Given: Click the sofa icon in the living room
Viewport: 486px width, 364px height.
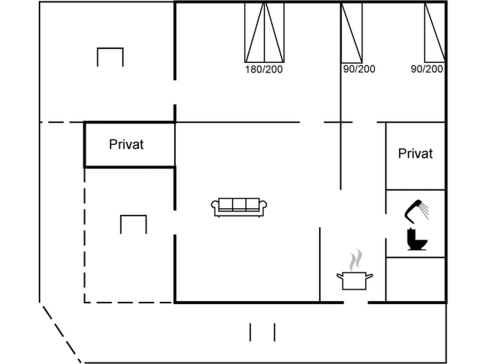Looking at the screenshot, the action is tap(239, 207).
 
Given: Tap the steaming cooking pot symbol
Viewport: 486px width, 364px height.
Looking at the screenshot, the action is tap(355, 269).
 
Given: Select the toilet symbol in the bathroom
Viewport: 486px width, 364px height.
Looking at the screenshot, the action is tap(417, 239).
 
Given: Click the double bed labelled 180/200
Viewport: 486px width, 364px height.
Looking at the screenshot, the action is tap(264, 32).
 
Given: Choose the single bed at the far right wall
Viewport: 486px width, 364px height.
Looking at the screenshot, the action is tap(435, 32).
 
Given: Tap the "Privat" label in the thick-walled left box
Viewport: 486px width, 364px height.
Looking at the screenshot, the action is tap(126, 145).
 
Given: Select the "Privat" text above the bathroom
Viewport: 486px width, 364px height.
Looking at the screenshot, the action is tap(415, 153).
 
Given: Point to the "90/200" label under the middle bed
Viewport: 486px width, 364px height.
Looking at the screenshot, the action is tap(359, 69).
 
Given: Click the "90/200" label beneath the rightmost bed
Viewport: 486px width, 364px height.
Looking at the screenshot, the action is tap(427, 69).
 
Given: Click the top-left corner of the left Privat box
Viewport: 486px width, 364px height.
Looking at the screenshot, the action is tap(84, 122).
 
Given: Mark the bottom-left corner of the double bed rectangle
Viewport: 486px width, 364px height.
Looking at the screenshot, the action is tap(245, 62).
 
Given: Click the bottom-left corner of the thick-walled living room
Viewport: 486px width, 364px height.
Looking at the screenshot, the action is tap(175, 302).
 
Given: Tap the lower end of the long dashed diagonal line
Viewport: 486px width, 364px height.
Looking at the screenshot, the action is tap(80, 362).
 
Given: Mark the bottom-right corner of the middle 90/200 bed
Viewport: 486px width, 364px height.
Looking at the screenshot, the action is tap(362, 62).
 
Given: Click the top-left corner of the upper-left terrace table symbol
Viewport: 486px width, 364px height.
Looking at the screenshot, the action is tap(98, 48).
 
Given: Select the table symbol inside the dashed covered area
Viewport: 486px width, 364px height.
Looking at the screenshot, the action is tap(134, 224).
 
